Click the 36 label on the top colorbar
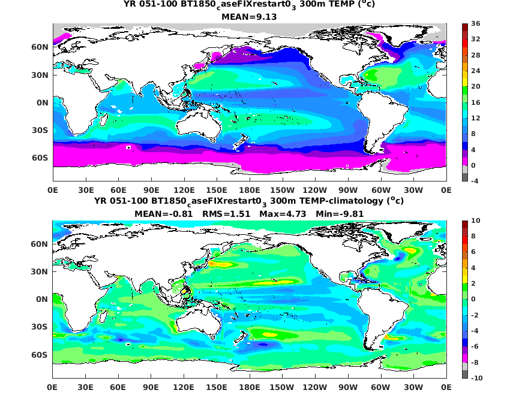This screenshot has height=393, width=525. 476,24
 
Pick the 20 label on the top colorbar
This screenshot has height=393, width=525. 476,87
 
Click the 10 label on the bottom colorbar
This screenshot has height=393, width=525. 476,221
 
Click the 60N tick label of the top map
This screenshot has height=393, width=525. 40,47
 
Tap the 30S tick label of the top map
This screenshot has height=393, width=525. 40,130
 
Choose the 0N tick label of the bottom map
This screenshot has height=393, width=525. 41,299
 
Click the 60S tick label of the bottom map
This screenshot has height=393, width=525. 40,355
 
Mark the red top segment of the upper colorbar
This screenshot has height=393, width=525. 464,28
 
